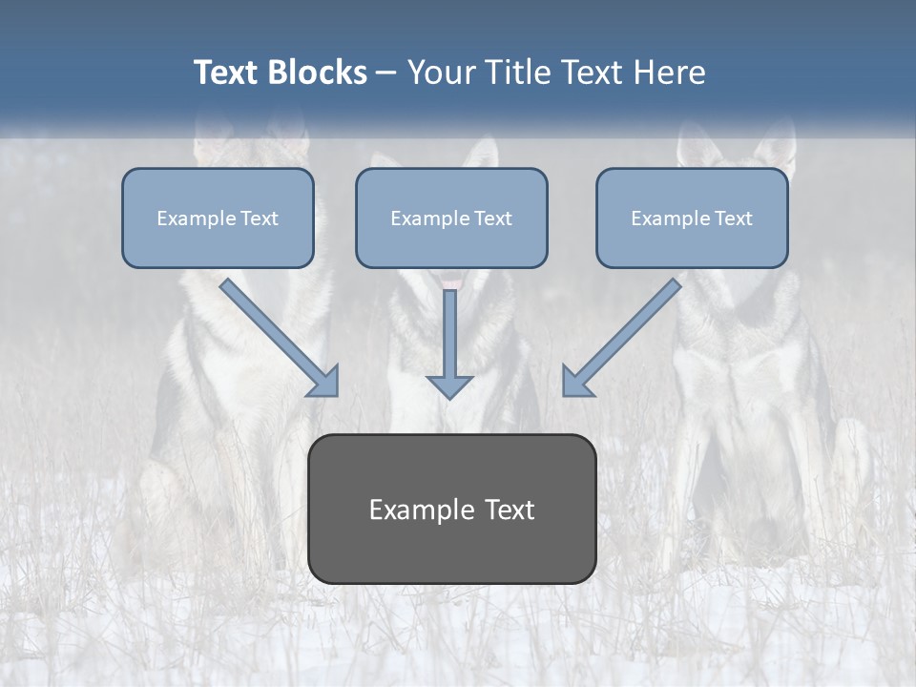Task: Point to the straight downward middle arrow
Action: pos(449,334)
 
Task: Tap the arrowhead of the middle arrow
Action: pos(449,386)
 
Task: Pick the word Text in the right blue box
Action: pos(733,219)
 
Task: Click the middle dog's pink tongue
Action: pos(452,279)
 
